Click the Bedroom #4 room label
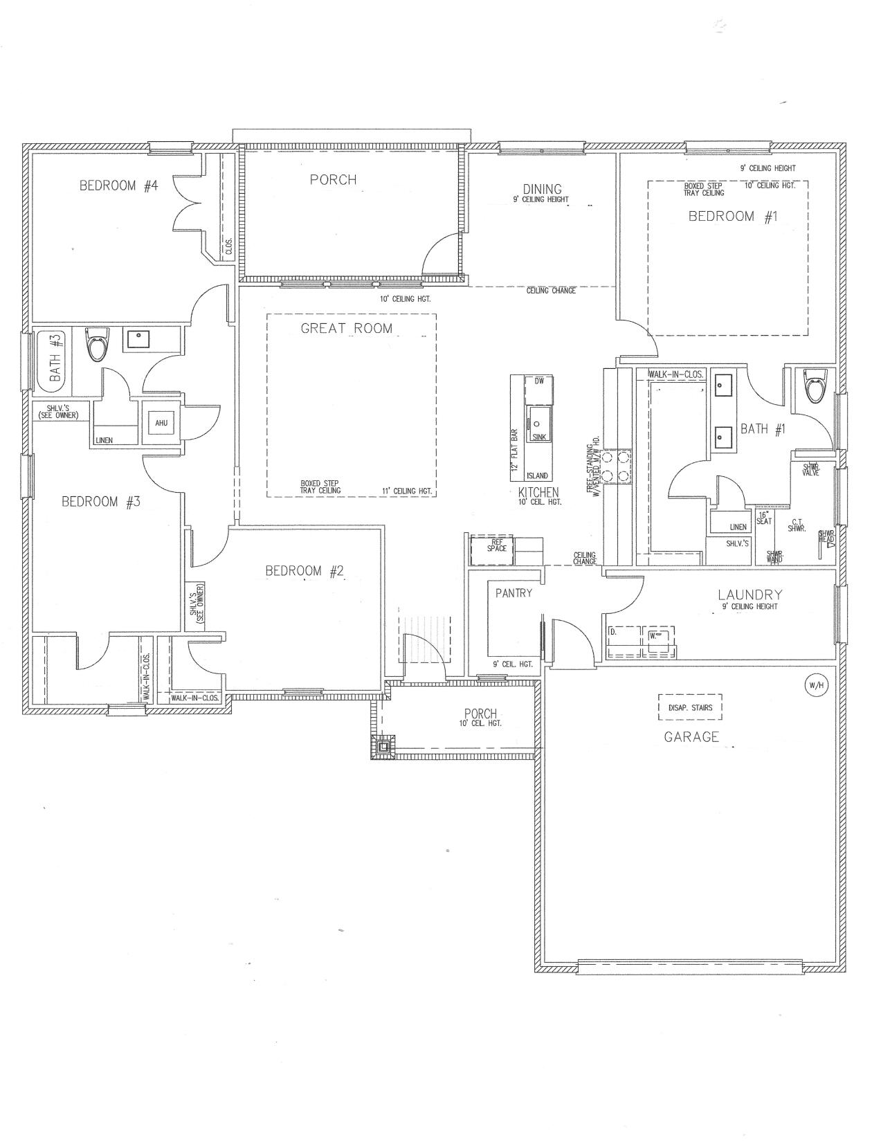[x=119, y=185]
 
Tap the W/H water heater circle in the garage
[x=815, y=685]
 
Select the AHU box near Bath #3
[x=161, y=422]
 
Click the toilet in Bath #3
[x=96, y=344]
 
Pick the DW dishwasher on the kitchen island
[x=539, y=381]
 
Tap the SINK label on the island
[x=539, y=437]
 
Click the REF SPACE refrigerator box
[x=492, y=550]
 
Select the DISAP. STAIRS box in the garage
[x=690, y=707]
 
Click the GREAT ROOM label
[x=346, y=329]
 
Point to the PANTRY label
[x=514, y=593]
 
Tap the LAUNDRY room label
[x=750, y=595]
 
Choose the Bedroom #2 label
[x=305, y=571]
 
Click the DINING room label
[x=542, y=189]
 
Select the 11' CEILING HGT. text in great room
[x=407, y=491]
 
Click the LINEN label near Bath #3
[x=104, y=440]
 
